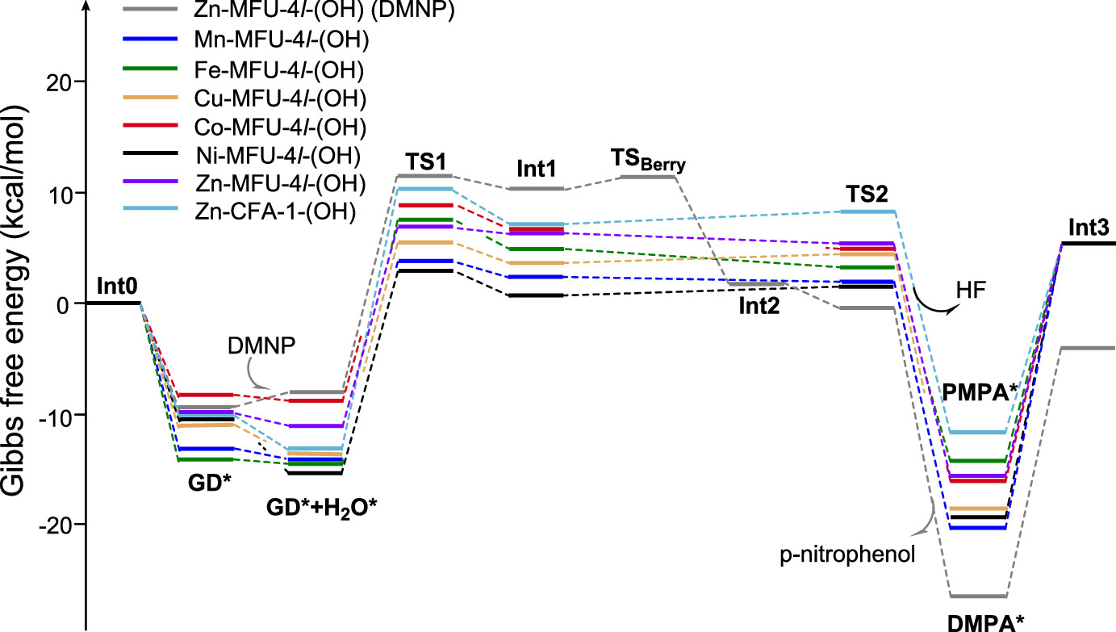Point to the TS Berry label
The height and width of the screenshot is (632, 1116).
[x=648, y=164]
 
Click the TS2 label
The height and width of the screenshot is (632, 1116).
[x=867, y=194]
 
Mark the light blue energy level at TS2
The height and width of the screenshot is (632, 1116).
[x=867, y=211]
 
